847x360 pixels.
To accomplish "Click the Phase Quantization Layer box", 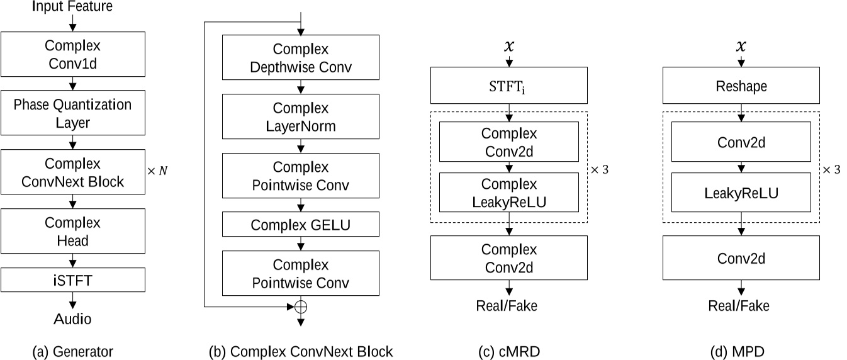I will pos(73,114).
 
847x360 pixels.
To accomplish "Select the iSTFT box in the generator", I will pos(73,279).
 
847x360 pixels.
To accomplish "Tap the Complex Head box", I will pos(73,232).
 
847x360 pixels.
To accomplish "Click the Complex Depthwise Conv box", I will pos(300,57).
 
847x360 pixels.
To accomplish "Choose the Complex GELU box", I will pos(300,224).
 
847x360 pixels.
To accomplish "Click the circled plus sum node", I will pos(300,307).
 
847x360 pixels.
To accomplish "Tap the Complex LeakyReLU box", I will pos(509,193).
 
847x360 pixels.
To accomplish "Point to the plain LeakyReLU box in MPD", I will pos(742,193).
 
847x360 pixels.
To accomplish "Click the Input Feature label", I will pos(72,8).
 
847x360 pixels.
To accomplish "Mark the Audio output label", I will pos(72,319).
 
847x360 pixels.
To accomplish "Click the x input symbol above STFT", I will pos(509,47).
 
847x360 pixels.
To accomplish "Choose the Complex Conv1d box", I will pos(73,54).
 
